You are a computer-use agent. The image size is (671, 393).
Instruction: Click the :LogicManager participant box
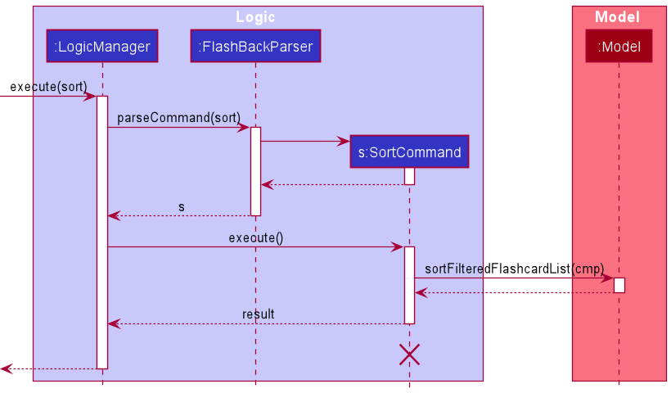(x=102, y=47)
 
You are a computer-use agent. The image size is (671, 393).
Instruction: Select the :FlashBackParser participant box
(x=255, y=47)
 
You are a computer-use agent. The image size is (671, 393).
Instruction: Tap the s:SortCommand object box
(x=409, y=151)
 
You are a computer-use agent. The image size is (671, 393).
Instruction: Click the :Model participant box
(x=619, y=47)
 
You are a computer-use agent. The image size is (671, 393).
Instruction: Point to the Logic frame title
(x=255, y=17)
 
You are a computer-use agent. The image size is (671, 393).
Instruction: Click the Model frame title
(x=617, y=17)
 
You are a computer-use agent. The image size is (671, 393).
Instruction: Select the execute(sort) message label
(x=48, y=87)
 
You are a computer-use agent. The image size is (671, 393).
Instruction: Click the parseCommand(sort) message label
(x=178, y=118)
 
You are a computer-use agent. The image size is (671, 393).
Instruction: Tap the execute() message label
(x=255, y=238)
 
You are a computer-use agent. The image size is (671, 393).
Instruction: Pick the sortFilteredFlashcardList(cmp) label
(x=514, y=269)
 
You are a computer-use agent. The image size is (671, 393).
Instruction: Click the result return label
(x=258, y=314)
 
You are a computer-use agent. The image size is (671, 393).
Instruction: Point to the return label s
(x=182, y=207)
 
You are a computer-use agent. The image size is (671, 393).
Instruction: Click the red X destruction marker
(x=409, y=354)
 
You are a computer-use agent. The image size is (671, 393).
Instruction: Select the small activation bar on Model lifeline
(x=619, y=285)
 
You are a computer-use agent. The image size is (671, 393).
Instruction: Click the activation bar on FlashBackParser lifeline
(x=255, y=170)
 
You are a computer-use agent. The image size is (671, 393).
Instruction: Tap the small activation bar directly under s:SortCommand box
(x=409, y=176)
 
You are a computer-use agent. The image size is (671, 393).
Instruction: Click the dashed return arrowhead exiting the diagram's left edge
(x=5, y=369)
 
